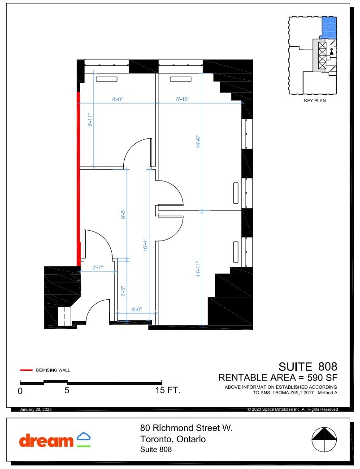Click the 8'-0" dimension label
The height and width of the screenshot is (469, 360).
tap(118, 100)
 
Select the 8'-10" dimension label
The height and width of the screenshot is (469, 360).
tap(182, 100)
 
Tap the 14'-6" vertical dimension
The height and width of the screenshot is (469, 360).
tap(197, 142)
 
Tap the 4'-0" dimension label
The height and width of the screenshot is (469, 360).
tap(136, 309)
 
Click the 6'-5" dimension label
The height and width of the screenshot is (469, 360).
tap(123, 291)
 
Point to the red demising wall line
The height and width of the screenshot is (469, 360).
tap(78, 179)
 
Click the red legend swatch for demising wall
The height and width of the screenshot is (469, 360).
tap(26, 370)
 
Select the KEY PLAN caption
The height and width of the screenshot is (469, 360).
tap(315, 101)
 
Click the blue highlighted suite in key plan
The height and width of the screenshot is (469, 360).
tap(330, 28)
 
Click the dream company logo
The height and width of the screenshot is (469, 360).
tap(55, 440)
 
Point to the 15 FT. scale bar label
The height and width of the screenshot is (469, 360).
tap(167, 391)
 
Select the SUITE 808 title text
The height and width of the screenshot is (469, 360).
tap(308, 367)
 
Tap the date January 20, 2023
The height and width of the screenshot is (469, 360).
tap(36, 409)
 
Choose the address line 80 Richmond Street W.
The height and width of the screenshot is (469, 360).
tap(187, 428)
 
